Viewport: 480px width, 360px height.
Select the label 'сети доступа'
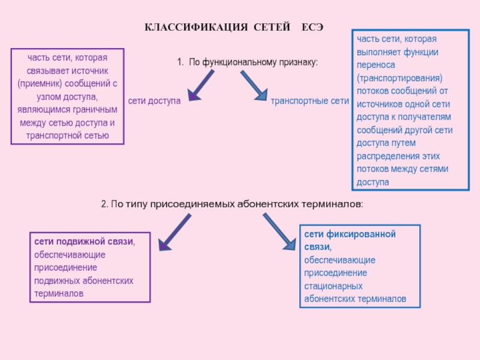(x=154, y=101)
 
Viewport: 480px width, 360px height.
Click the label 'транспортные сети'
(x=310, y=101)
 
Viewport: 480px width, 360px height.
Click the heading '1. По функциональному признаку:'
(x=247, y=62)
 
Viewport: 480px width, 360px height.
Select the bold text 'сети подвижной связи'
(x=83, y=242)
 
